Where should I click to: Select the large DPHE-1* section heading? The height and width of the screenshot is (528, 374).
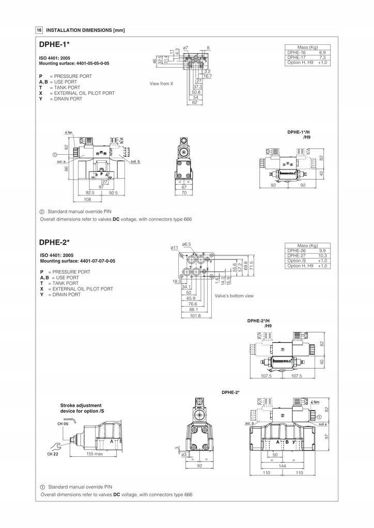(54, 45)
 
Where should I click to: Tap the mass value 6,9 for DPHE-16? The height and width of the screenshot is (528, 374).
(322, 53)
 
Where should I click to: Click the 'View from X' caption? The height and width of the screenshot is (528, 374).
(161, 83)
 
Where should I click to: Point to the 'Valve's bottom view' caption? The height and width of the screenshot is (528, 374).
(234, 296)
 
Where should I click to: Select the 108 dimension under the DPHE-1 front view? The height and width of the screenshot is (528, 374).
(87, 199)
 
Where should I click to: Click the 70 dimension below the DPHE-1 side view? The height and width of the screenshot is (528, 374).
(183, 193)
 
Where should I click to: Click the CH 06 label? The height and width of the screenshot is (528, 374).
(63, 424)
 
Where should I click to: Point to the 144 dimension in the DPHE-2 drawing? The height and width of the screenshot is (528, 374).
(283, 465)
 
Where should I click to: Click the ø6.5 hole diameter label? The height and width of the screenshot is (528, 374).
(186, 244)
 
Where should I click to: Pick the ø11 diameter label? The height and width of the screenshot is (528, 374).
(175, 248)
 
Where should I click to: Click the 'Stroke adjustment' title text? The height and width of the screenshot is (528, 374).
(81, 405)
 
